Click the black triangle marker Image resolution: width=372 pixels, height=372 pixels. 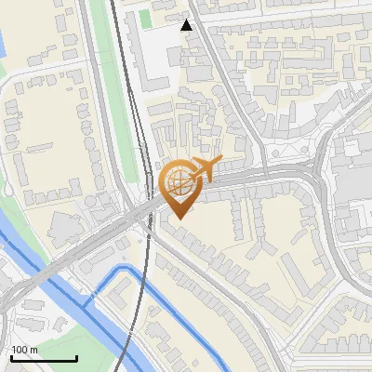pyautogui.click(x=187, y=25)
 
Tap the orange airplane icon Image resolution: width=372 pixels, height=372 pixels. pyautogui.click(x=205, y=170)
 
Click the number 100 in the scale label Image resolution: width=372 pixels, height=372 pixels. pyautogui.click(x=20, y=350)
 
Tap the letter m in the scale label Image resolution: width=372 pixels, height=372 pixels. pyautogui.click(x=34, y=350)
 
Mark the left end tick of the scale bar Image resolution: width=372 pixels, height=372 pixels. pyautogui.click(x=11, y=357)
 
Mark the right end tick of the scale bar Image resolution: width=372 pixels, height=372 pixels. pyautogui.click(x=76, y=357)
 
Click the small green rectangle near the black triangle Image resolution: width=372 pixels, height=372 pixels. pyautogui.click(x=145, y=18)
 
